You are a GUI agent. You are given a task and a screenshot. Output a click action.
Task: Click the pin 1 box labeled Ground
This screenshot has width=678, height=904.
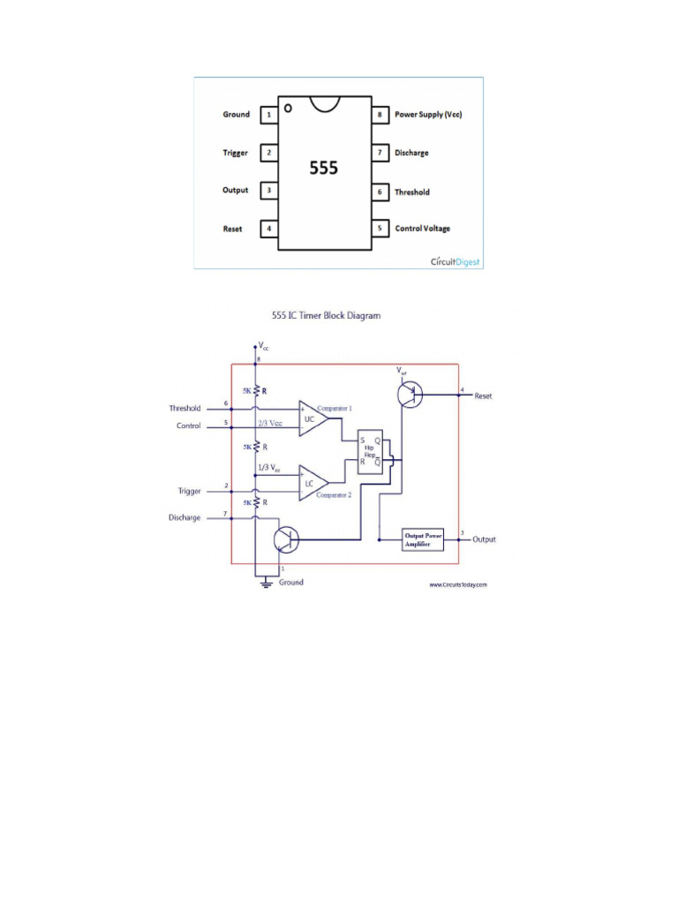(x=268, y=115)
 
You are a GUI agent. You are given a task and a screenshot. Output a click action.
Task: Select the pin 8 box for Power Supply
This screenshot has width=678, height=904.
(x=380, y=115)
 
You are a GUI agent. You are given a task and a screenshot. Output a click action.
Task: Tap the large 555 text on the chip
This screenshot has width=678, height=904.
(x=323, y=168)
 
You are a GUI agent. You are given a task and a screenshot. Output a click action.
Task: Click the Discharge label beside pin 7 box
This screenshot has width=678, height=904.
(x=411, y=154)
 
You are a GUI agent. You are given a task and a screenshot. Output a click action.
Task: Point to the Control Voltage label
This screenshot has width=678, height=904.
(x=422, y=229)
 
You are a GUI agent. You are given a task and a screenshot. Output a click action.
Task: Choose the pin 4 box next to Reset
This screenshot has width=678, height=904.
(x=268, y=230)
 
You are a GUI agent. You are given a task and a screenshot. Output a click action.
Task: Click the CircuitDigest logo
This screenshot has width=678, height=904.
(x=456, y=261)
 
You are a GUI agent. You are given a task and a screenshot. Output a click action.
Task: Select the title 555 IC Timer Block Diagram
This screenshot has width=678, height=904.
(x=323, y=315)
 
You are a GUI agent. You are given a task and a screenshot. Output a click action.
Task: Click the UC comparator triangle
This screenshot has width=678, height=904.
(x=312, y=418)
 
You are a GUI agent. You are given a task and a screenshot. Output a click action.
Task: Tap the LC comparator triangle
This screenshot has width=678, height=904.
(x=312, y=483)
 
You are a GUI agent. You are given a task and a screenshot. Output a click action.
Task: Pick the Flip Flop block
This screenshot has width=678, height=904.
(x=370, y=454)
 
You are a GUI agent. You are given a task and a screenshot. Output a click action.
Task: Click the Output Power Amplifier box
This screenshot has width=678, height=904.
(x=423, y=539)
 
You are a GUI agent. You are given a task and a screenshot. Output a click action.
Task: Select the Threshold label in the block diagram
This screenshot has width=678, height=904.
(x=185, y=409)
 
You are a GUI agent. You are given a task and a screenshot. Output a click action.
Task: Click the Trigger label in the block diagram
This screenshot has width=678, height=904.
(x=188, y=491)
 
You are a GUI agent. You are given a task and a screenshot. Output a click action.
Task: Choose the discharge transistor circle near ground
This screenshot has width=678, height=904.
(x=286, y=539)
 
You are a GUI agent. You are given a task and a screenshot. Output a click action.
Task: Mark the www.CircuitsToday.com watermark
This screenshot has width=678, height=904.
(x=458, y=584)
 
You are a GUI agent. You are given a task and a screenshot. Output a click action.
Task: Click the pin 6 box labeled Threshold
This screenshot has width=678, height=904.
(x=380, y=192)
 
